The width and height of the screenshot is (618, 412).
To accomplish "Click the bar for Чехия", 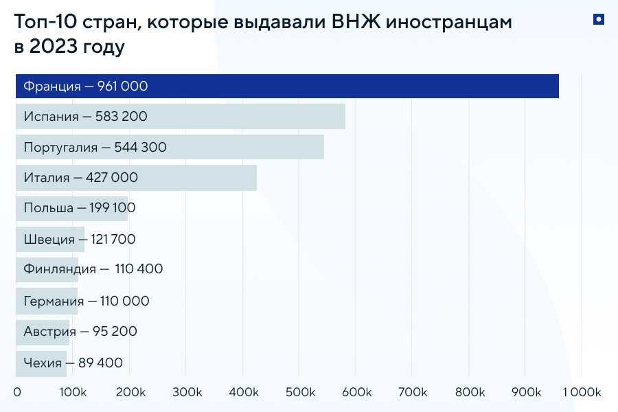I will pyautogui.click(x=41, y=363).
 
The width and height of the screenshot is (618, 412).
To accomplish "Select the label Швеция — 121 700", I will pyautogui.click(x=79, y=240).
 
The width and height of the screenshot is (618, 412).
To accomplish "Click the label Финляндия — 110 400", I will pyautogui.click(x=93, y=269).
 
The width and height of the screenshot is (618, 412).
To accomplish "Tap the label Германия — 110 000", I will pyautogui.click(x=86, y=301).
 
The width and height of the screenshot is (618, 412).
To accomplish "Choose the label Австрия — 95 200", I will pyautogui.click(x=80, y=331).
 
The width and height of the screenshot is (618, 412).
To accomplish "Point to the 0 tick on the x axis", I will pyautogui.click(x=17, y=392).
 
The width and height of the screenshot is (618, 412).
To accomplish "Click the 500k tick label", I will pyautogui.click(x=299, y=392).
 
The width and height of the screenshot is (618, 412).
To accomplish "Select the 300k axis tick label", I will pyautogui.click(x=187, y=392).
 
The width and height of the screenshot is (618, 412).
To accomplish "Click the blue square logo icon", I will pyautogui.click(x=598, y=20).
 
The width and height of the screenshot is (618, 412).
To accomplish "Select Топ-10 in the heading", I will pyautogui.click(x=45, y=22).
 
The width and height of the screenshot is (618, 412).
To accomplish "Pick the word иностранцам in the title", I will pyautogui.click(x=449, y=23).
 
